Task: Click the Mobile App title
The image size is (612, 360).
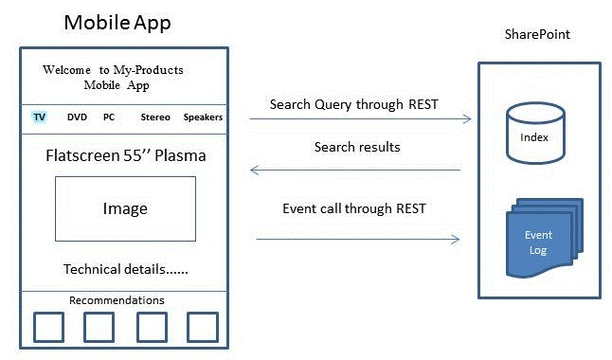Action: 117,22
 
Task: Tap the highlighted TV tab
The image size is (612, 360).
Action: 40,117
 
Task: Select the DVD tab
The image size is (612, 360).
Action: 77,117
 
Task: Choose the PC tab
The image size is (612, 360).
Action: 109,117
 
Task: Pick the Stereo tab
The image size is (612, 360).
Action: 155,117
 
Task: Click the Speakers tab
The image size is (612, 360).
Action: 203,117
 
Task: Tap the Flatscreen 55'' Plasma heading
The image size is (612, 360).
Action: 125,154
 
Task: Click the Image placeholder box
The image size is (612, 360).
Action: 125,208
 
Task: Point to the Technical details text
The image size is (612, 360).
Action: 125,269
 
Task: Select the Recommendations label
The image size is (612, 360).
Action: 117,300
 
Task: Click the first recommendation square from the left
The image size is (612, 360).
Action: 48,327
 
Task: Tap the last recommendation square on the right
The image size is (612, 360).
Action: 202,327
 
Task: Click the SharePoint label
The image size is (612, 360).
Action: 536,34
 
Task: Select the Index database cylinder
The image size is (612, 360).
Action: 528,132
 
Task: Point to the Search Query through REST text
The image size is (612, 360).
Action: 353,104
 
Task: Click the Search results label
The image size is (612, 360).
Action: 356,148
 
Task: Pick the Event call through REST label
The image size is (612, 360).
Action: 353,208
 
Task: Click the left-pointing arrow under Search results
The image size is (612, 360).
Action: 354,171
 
